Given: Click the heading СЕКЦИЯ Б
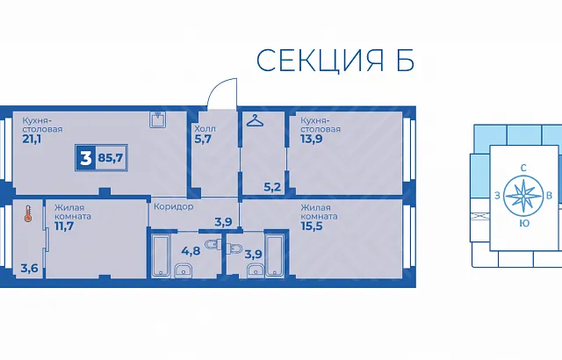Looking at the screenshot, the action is coord(335,61).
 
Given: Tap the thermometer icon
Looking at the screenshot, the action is coord(28,213).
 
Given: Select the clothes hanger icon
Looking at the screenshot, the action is coord(255,120).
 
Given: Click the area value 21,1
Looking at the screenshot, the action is coord(32,139).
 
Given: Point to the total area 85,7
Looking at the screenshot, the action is coord(111,158).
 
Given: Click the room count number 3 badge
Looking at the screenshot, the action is coord(85,158).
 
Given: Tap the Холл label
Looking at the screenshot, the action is coord(205,128).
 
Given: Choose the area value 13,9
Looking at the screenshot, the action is coord(311,139).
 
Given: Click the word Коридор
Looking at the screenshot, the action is coord(174,206).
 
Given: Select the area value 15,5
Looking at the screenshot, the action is coord(312,226).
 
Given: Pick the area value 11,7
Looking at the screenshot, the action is coord(64,226).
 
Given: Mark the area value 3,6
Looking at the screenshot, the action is coord(29,268).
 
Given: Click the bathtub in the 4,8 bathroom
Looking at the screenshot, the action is coord(160,255).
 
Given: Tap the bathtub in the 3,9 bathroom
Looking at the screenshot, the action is coord(275,255).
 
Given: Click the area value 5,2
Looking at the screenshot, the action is coord(272,187).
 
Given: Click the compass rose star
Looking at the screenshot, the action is coord(523,196).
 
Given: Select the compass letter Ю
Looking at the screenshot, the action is coord(524,224).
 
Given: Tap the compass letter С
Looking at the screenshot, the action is coord(523,168).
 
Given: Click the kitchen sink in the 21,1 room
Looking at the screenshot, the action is coord(158,119).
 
